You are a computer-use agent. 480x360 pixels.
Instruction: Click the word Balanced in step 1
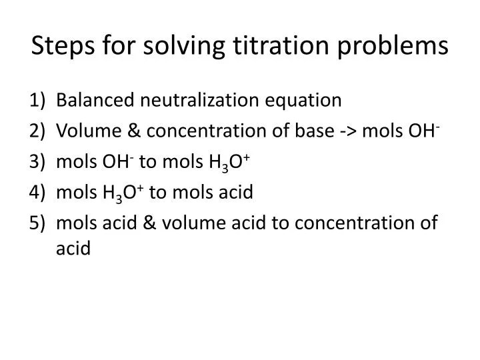click(x=94, y=101)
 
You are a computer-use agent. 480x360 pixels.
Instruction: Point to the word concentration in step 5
click(x=353, y=223)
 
